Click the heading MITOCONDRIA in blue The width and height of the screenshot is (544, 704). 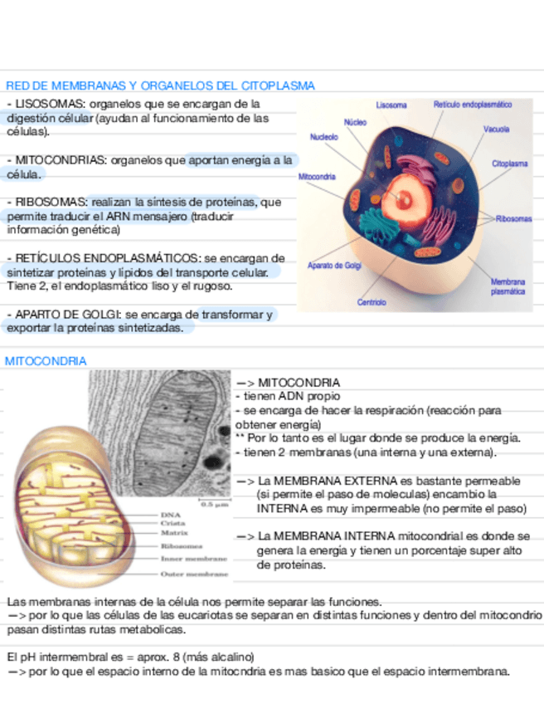pos(46,361)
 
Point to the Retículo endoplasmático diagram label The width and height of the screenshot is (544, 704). pos(472,105)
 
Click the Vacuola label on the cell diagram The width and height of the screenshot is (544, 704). pos(496,130)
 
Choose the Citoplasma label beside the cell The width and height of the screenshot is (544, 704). pos(509,164)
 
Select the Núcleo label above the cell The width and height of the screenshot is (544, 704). pos(355,122)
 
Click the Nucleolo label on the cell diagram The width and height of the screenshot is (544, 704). pos(323,136)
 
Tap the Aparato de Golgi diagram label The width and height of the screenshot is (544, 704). pos(334,266)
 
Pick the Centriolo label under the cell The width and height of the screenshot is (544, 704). pos(372,302)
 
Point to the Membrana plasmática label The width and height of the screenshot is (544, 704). pos(507,287)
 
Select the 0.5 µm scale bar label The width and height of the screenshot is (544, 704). pos(215,503)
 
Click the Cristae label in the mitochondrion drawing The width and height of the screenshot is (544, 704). pos(172,524)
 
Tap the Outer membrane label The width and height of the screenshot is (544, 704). pos(194,574)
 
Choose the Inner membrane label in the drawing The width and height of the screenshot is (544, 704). pos(194,559)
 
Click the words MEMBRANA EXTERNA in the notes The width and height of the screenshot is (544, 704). pos(314,481)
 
